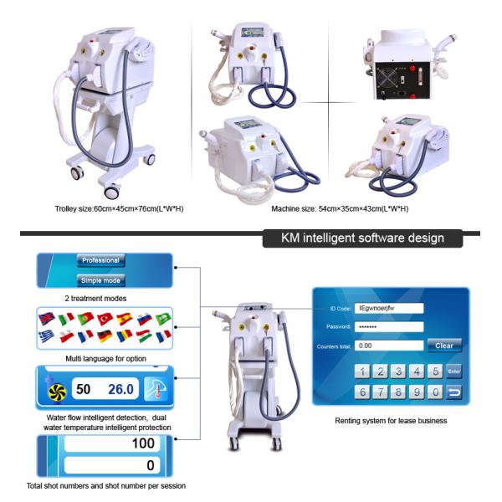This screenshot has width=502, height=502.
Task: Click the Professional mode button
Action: tap(101, 260)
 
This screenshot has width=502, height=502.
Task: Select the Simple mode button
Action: tap(101, 280)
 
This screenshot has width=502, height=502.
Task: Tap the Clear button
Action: tap(444, 346)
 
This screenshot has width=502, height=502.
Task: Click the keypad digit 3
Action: tap(398, 371)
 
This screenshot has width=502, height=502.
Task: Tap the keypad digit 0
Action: tap(435, 392)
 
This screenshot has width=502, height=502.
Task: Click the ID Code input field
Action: tap(389, 308)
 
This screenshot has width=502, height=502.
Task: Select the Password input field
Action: tap(389, 327)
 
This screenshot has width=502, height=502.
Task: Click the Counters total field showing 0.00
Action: tap(389, 346)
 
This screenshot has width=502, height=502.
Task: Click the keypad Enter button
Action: tap(454, 371)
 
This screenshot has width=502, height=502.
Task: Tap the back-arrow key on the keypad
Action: tap(454, 392)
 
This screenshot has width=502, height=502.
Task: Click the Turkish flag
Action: tap(105, 319)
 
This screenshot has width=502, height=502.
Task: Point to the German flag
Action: tap(105, 336)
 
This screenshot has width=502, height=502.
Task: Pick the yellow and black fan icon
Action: tap(57, 392)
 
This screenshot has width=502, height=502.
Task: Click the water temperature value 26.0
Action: tap(120, 389)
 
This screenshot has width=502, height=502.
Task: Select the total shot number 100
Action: tap(143, 443)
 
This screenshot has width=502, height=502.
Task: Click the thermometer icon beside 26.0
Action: tap(156, 389)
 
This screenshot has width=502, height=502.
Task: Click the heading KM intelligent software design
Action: tap(362, 238)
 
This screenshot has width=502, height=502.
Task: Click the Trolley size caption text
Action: tap(119, 209)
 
